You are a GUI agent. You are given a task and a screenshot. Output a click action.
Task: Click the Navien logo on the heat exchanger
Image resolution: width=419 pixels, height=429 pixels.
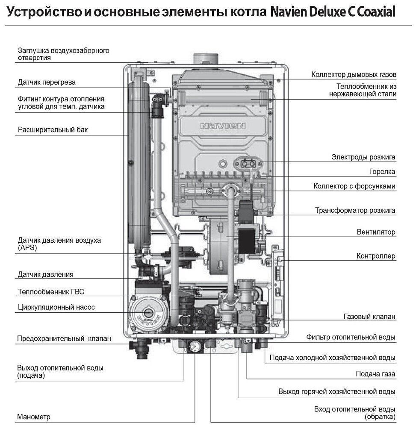coord(223,126)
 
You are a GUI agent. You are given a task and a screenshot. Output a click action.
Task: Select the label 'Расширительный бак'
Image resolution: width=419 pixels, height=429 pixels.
coord(53,129)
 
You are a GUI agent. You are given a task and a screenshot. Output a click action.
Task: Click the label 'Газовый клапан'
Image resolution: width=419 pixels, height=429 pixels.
coord(369,317)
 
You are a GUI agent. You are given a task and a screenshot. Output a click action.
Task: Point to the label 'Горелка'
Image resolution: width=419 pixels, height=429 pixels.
coord(382,172)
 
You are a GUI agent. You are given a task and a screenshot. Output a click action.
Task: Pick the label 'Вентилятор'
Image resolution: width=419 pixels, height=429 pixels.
coord(376,232)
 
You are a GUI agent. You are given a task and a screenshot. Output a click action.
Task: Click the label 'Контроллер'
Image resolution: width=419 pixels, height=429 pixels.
coord(376,256)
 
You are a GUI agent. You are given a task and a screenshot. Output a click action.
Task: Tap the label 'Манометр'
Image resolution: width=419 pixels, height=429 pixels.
coord(34,417)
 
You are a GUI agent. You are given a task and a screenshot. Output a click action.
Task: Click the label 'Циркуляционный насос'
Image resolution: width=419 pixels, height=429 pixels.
coord(56,307)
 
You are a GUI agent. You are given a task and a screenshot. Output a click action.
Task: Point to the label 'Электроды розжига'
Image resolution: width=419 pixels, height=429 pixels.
coord(363,157)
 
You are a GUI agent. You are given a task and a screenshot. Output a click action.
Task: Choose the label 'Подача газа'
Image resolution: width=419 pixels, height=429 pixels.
coord(375,374)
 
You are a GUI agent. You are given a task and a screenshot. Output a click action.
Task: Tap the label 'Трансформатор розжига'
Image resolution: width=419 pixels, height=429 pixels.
coord(355,210)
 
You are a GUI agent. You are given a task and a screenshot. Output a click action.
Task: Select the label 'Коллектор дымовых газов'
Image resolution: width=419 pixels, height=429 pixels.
coord(354,75)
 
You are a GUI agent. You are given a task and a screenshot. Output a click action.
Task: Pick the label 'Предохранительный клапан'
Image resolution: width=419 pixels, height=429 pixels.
coord(64,339)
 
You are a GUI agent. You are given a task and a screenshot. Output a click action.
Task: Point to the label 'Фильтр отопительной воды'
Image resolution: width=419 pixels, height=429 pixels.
coord(351,338)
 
